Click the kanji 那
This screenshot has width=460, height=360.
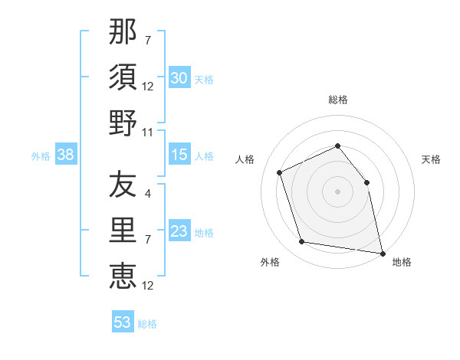[x=123, y=33]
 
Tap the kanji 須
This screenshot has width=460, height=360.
[x=123, y=77]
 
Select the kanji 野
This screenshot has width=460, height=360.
[x=123, y=123]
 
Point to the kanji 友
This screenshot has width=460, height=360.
[x=123, y=185]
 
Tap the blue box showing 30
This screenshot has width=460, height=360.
[x=179, y=78]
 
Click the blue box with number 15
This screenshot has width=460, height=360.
[x=179, y=155]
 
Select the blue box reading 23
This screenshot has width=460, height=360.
[x=179, y=232]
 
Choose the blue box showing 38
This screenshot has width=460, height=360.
[x=66, y=155]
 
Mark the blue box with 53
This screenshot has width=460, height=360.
[x=123, y=322]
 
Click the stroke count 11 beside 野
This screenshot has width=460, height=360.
[x=149, y=132]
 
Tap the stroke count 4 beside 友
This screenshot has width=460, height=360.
[x=148, y=195]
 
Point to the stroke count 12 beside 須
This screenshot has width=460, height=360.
[x=149, y=87]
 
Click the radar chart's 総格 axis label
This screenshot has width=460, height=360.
[x=338, y=100]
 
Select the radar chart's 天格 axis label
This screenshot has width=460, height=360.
[x=432, y=159]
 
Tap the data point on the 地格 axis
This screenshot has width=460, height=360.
[x=381, y=252]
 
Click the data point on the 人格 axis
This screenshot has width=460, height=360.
[x=281, y=172]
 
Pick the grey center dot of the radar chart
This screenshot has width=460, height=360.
[x=338, y=191]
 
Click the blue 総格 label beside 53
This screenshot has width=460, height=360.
[x=147, y=324]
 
